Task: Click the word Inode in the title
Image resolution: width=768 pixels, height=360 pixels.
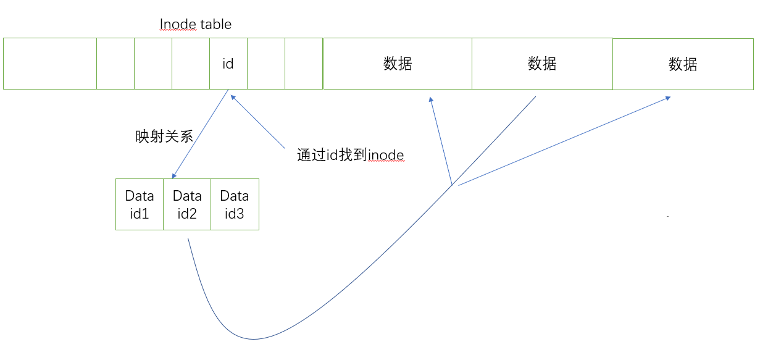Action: (178, 25)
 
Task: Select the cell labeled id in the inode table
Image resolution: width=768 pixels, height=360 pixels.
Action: (228, 64)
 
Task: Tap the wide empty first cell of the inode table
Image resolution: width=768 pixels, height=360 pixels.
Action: (50, 64)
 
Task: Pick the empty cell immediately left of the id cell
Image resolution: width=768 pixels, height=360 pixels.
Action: (191, 64)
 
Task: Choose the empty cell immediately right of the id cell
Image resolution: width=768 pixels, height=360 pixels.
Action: (266, 64)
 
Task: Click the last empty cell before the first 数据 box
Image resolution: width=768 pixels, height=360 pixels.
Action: (304, 64)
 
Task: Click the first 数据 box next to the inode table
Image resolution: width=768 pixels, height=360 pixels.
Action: (398, 64)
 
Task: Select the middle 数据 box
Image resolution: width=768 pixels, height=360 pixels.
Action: (542, 64)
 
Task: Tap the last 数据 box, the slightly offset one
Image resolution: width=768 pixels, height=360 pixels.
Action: (683, 64)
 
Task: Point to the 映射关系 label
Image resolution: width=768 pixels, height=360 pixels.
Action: (164, 136)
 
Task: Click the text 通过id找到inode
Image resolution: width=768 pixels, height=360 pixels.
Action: (351, 156)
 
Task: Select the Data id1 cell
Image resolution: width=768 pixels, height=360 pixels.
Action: (140, 204)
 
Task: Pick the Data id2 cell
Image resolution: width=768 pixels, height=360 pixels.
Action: (187, 204)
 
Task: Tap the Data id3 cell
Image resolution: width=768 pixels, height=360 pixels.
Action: (235, 204)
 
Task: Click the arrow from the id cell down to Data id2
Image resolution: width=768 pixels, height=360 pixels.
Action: (201, 136)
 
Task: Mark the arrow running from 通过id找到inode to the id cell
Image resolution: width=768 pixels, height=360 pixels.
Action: (257, 122)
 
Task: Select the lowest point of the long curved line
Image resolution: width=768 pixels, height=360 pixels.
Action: (253, 339)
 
